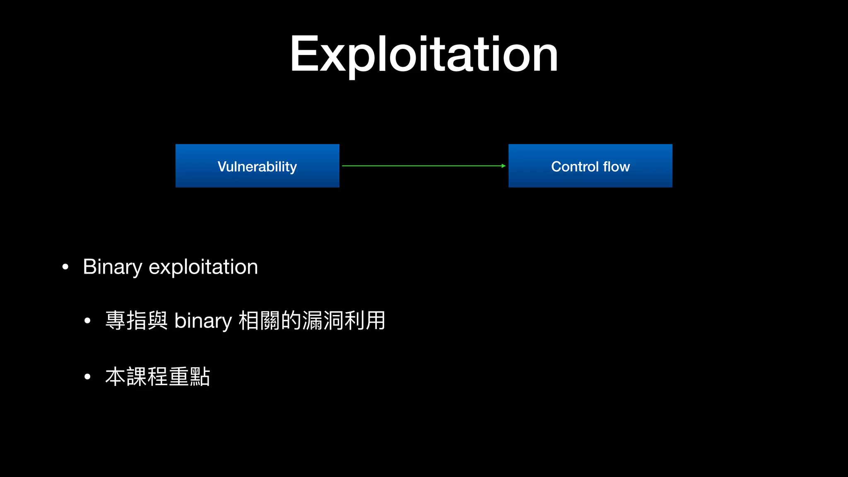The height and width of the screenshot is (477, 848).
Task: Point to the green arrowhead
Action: tap(503, 166)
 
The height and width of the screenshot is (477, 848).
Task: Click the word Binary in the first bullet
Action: tap(112, 267)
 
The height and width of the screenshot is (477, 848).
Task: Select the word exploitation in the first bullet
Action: tap(203, 267)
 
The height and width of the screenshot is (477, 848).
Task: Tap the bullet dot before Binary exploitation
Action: tap(65, 267)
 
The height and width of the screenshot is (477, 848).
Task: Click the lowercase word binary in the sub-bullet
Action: tap(203, 321)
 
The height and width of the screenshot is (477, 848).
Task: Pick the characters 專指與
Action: tap(136, 320)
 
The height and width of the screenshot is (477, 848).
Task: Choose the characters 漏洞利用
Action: tap(344, 320)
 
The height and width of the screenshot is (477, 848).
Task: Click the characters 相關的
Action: tap(270, 320)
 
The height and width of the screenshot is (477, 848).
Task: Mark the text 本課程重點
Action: tap(158, 377)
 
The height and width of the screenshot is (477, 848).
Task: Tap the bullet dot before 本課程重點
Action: tap(87, 377)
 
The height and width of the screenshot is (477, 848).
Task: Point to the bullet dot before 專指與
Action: tap(87, 321)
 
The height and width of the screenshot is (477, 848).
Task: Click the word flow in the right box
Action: tap(617, 166)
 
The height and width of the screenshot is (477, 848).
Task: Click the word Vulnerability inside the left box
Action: tap(257, 166)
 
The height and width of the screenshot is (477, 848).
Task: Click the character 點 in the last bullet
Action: tap(200, 377)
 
